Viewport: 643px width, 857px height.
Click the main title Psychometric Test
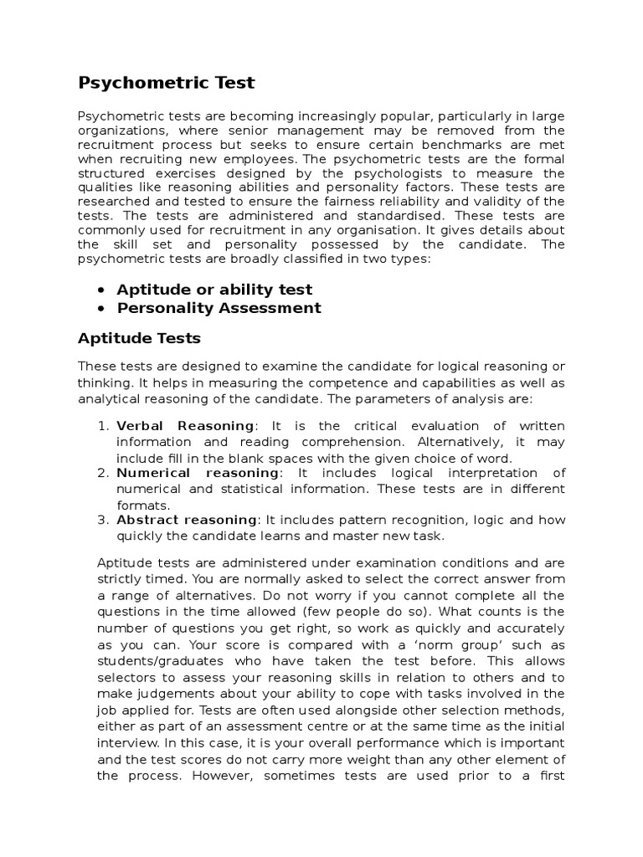pos(166,83)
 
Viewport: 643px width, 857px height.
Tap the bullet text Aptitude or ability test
pos(214,290)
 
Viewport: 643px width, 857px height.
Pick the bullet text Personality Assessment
pos(219,308)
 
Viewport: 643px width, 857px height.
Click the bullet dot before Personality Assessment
pos(101,308)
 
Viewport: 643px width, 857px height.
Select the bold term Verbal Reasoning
pos(184,426)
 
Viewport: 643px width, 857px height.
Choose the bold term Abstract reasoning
pos(187,520)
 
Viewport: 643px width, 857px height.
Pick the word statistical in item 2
pos(265,489)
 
